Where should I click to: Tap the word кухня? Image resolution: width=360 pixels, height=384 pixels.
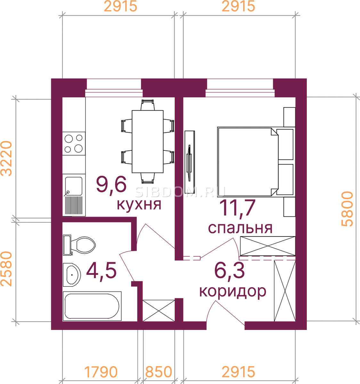139,204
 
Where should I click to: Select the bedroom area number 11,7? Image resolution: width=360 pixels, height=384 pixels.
237,208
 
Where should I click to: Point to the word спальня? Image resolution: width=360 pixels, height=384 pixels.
240,228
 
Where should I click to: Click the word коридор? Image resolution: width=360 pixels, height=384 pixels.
233,291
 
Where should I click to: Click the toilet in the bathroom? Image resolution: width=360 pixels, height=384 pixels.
79,245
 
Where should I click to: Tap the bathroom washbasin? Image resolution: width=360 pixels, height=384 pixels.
72,275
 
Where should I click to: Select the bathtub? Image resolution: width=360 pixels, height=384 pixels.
92,306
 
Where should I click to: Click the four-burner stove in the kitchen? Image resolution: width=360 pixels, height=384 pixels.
74,144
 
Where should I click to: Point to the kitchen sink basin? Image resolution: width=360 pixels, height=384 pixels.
74,186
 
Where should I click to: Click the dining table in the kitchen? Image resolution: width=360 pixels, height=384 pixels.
147,141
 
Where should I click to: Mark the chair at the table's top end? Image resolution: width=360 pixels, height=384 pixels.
147,105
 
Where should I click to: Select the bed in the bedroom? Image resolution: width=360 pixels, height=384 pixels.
256,162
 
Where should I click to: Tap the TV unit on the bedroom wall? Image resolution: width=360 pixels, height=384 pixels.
190,162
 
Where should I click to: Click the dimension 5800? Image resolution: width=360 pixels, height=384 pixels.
347,209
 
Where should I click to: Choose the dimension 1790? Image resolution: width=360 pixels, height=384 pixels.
101,372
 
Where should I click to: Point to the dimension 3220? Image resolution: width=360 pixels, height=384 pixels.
6,158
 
